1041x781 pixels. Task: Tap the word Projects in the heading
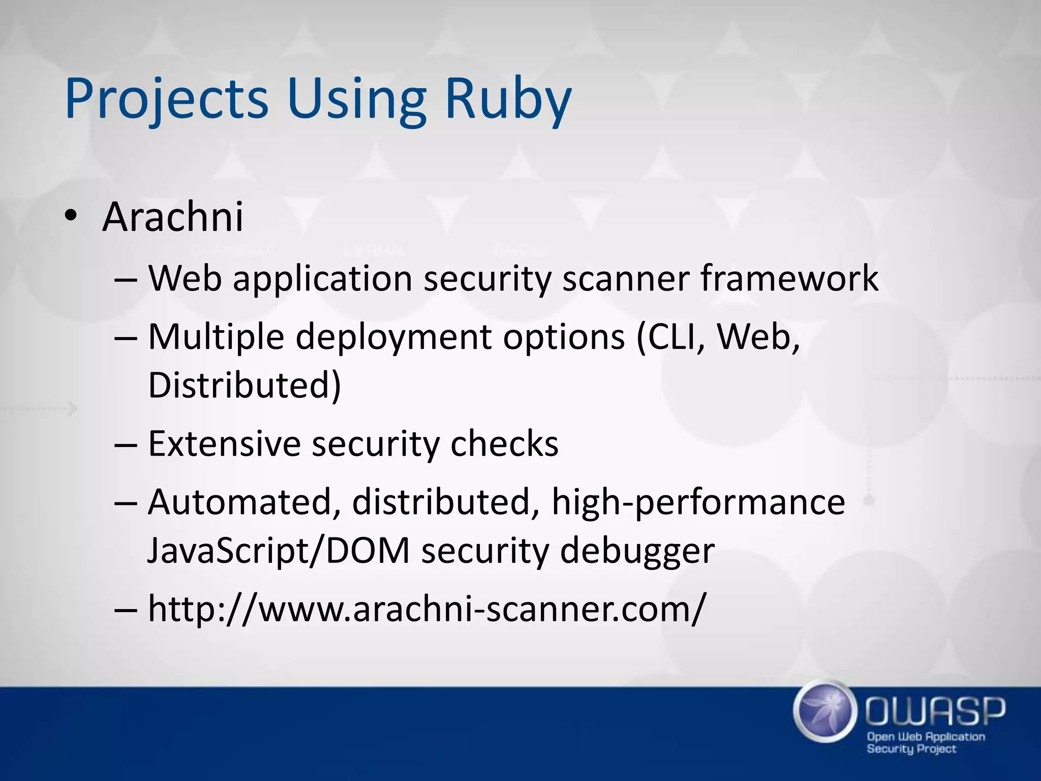(166, 99)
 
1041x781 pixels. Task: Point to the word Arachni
(173, 217)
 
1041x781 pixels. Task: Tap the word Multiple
(216, 337)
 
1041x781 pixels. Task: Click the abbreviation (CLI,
(671, 337)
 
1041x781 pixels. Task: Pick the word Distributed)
(244, 385)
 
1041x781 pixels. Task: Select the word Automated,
(244, 502)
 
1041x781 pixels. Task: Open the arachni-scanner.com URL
(426, 609)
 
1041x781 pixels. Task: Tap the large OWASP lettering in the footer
(935, 711)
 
